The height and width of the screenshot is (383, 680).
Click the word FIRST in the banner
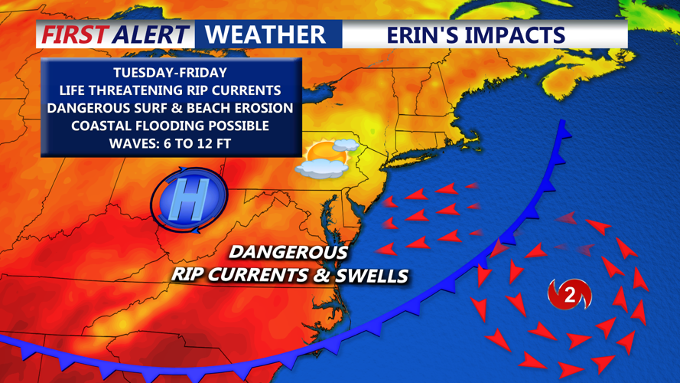(74, 34)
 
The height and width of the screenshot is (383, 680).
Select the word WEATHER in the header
(265, 34)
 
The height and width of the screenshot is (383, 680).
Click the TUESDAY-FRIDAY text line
(170, 73)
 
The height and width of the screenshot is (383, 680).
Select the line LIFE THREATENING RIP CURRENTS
(170, 90)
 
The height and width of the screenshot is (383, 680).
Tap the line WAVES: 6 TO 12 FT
(170, 142)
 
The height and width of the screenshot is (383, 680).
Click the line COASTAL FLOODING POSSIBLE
(170, 125)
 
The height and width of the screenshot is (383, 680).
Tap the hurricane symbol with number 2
(569, 295)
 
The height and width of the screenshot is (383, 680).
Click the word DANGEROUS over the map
(288, 252)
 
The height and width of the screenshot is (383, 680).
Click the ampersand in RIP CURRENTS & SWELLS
(321, 275)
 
